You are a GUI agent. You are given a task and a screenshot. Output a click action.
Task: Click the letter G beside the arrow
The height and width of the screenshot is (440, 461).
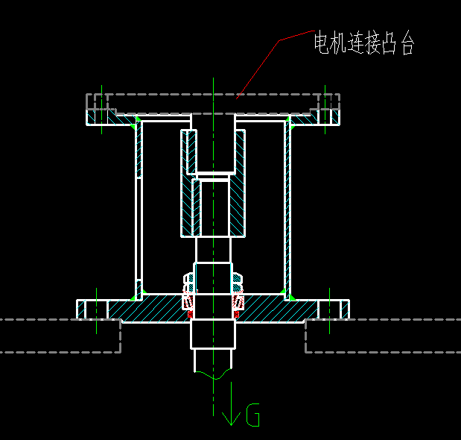(253, 415)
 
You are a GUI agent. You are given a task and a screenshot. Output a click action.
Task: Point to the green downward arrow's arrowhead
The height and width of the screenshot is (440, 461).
(232, 418)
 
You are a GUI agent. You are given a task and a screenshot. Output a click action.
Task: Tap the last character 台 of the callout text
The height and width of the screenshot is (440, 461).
(406, 43)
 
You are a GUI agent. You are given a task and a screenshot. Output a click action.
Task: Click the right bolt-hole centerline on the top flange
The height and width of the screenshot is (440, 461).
(325, 109)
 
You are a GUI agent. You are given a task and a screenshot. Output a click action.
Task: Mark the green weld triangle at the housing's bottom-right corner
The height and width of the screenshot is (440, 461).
(291, 297)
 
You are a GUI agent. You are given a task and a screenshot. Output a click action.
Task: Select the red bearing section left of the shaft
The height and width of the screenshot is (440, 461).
(188, 303)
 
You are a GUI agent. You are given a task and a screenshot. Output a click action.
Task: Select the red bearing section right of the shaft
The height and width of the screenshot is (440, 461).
(239, 303)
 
